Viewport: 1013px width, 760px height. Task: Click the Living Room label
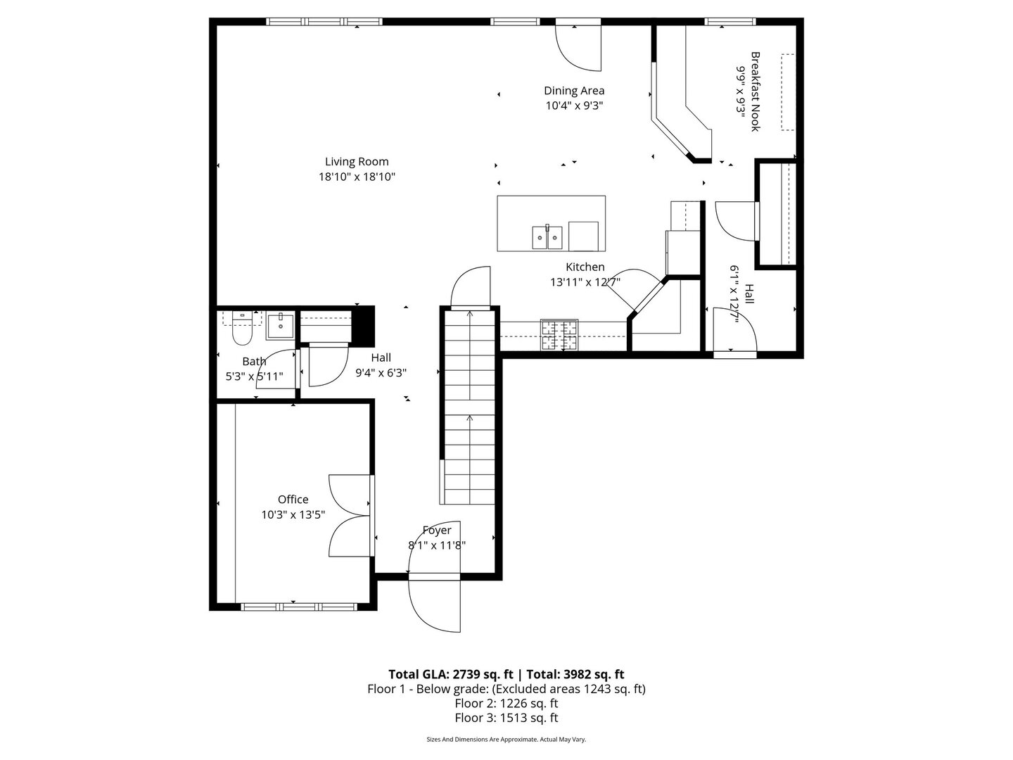[357, 162]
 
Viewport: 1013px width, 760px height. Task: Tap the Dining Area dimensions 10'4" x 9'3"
[574, 106]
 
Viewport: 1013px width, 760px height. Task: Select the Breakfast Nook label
[756, 91]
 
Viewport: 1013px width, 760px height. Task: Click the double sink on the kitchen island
[547, 237]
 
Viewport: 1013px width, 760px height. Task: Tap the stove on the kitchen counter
[559, 334]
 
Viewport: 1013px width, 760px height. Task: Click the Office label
[293, 500]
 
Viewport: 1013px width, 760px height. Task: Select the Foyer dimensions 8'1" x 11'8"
[437, 545]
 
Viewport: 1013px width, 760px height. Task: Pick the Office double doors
[350, 517]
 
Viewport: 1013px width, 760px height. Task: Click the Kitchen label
[585, 267]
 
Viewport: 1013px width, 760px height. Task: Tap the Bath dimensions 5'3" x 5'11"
[254, 376]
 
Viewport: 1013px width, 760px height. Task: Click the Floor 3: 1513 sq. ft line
[507, 718]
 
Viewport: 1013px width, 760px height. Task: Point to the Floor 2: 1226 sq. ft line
[507, 703]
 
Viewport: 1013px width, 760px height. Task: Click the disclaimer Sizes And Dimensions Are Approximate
[507, 740]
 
